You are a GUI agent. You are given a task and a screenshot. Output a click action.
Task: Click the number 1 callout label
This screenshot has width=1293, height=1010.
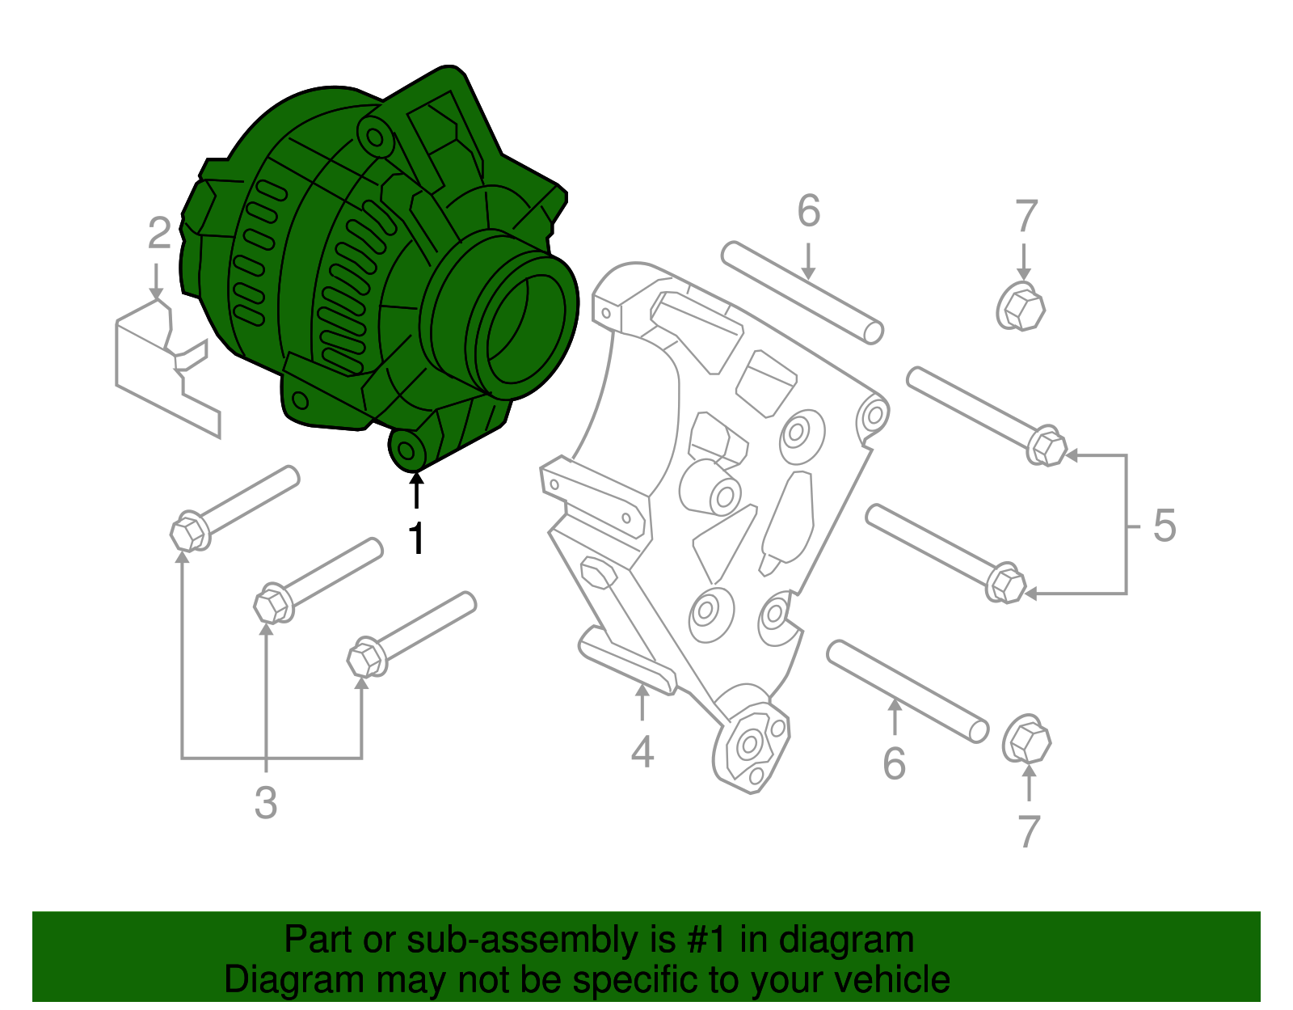click(416, 539)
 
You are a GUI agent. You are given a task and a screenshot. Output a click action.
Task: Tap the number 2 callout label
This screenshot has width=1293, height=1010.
click(159, 234)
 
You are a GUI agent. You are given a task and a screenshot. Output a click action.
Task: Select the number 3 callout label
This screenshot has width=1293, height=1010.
click(266, 803)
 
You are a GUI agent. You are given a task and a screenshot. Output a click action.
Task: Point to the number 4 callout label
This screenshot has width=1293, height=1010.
click(642, 752)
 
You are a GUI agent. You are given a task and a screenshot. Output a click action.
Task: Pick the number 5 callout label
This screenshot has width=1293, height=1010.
click(1164, 526)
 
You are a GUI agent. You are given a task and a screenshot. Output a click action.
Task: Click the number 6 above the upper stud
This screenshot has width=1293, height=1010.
click(808, 211)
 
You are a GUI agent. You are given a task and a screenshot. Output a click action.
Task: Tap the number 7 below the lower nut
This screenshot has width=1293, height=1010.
click(1028, 831)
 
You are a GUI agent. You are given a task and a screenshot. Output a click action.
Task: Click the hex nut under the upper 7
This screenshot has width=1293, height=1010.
click(1021, 307)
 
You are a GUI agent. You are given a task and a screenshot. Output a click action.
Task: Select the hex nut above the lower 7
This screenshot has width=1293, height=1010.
click(1027, 740)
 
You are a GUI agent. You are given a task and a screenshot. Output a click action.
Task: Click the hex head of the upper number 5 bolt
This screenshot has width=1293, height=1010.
click(1048, 446)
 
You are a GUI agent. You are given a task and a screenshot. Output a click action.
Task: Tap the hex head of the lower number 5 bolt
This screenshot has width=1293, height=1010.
click(1007, 583)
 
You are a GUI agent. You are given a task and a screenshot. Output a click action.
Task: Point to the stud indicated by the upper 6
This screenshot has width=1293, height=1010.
click(802, 293)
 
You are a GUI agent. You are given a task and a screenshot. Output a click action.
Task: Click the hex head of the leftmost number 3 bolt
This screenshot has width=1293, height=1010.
click(189, 532)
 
